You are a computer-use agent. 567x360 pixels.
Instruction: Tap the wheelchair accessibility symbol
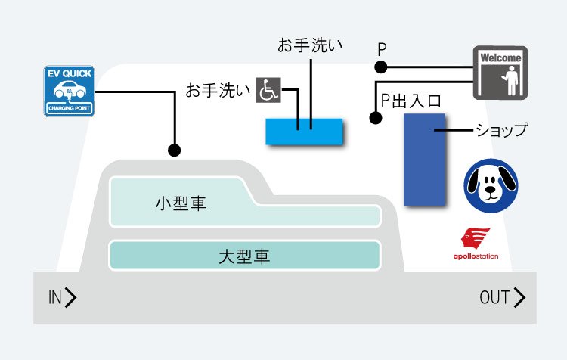click(268, 90)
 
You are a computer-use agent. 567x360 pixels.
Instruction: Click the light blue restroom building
click(305, 131)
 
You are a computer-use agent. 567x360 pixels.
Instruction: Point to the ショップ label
click(501, 130)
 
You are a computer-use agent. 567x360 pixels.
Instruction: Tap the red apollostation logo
click(476, 244)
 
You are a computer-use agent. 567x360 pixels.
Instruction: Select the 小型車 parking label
click(181, 204)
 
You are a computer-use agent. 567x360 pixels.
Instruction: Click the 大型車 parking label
click(243, 256)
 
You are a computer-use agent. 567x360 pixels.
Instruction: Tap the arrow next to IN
click(71, 298)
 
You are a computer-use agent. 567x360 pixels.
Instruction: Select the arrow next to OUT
click(519, 298)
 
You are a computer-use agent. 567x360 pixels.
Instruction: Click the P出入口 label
click(411, 101)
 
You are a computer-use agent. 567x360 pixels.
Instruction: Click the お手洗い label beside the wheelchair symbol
click(218, 91)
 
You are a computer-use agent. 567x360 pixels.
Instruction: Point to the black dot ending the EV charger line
click(175, 150)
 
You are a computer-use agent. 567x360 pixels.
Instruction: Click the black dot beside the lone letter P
click(381, 67)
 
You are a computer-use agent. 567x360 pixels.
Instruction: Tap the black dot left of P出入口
click(374, 118)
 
